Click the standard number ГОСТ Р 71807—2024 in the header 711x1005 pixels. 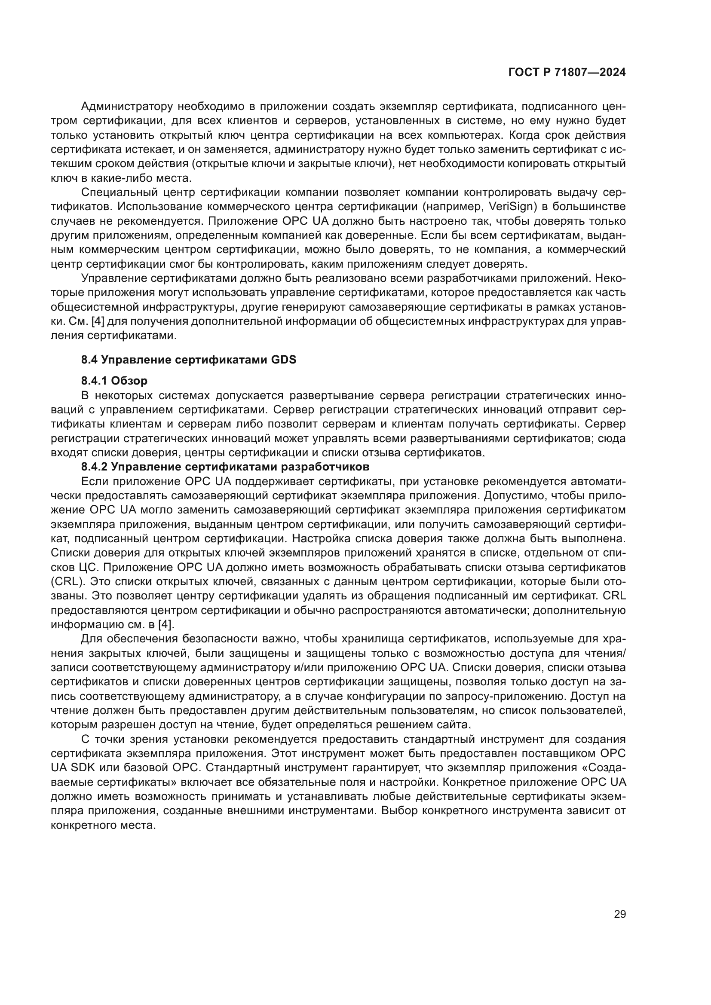pyautogui.click(x=567, y=73)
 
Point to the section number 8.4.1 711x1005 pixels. pyautogui.click(x=94, y=381)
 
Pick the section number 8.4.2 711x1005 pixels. pyautogui.click(x=94, y=467)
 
